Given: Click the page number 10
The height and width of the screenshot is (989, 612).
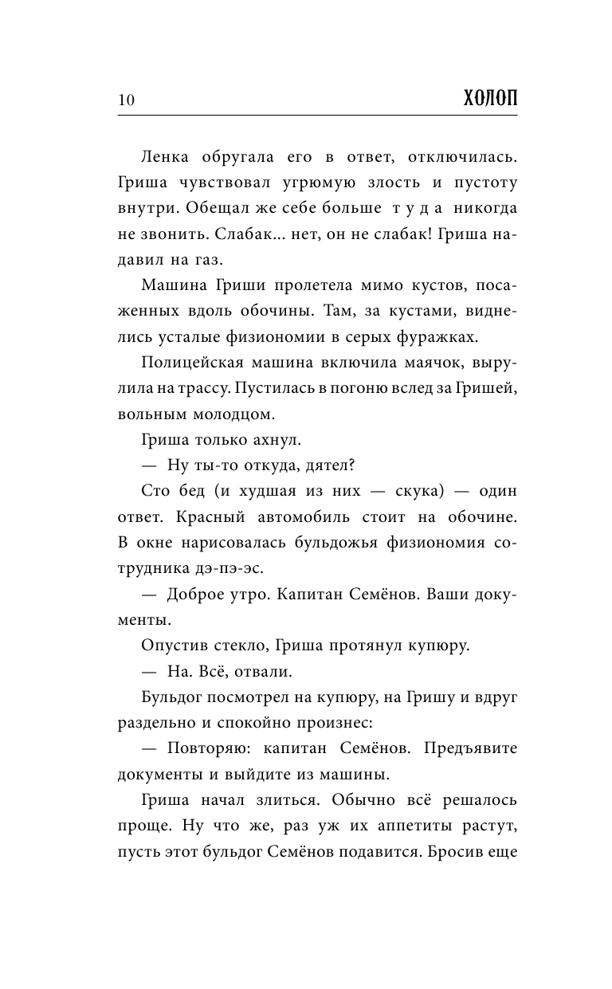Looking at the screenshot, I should [126, 100].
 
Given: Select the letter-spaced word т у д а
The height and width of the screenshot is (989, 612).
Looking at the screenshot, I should [409, 209].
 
